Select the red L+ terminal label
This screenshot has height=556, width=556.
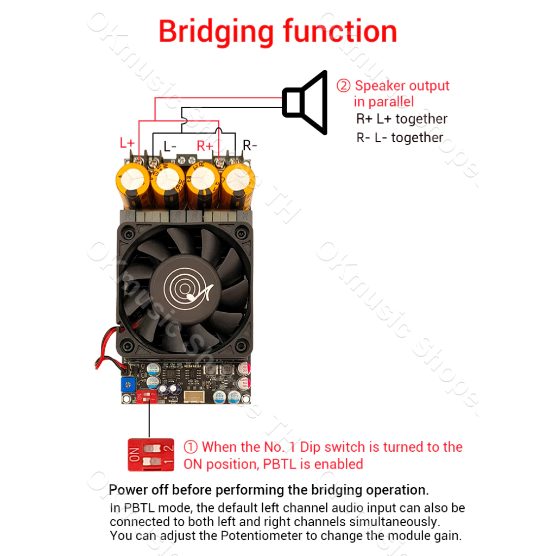coord(127,143)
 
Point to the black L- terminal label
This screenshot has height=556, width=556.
coord(170,146)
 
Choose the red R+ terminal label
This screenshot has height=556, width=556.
coord(205,146)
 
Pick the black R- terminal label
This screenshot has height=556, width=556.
coord(250,145)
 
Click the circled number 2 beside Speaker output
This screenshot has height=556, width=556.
coord(343,86)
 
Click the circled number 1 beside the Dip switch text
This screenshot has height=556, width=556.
coord(191,447)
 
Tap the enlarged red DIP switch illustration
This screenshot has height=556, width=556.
coord(151,455)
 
